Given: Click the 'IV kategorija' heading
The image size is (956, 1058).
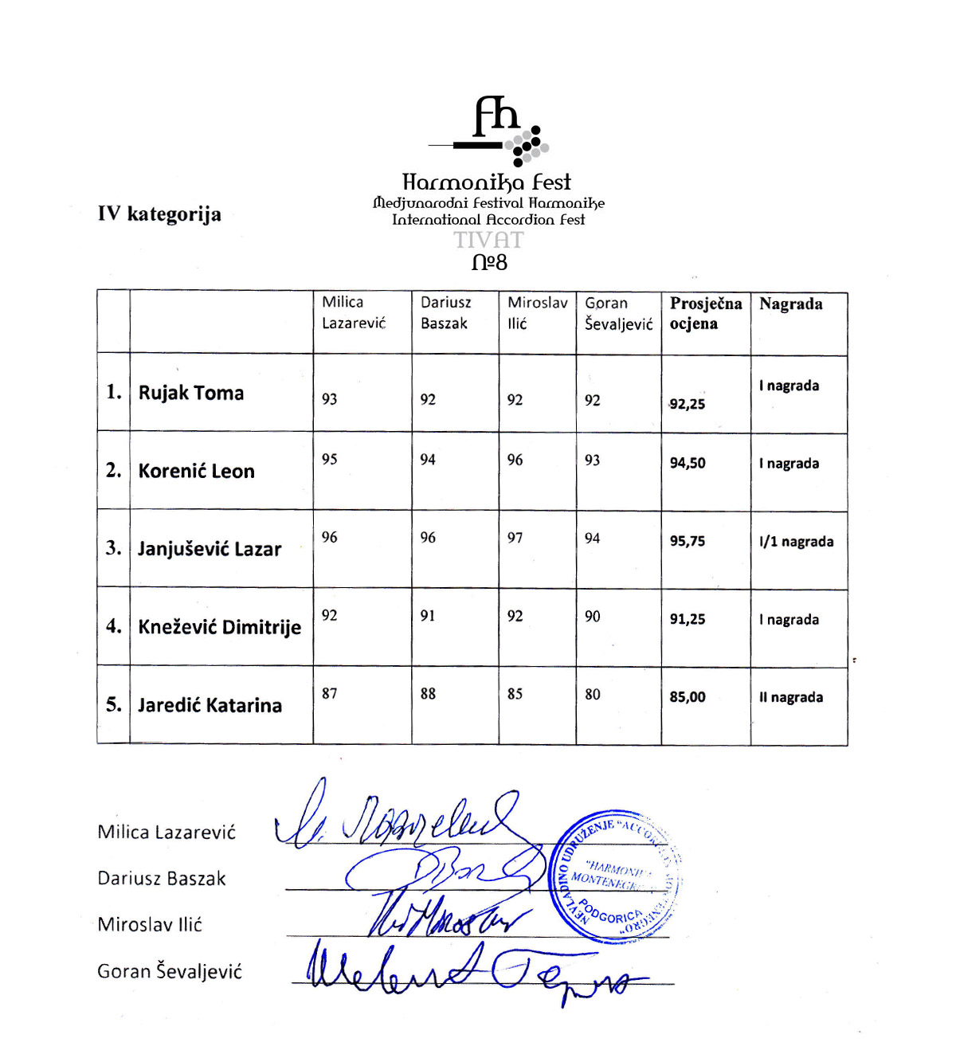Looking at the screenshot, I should [x=159, y=214].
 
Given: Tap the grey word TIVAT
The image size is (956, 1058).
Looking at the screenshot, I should [x=488, y=240].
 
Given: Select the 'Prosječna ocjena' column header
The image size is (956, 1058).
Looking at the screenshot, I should [x=705, y=313].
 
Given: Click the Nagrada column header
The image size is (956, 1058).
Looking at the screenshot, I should [x=790, y=304].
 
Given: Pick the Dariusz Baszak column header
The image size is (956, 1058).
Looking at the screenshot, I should [x=445, y=313].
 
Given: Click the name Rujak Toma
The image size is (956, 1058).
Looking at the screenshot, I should [x=191, y=393].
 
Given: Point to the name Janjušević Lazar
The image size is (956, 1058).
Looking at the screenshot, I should [x=210, y=549].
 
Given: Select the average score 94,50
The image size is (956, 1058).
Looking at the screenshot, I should [x=688, y=463].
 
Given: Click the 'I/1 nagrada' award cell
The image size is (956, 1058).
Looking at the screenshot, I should [x=796, y=542].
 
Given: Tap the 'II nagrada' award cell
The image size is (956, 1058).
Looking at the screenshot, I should [x=791, y=697].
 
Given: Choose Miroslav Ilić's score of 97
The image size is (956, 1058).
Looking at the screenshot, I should [x=515, y=538].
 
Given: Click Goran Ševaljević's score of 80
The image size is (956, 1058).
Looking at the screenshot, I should [x=593, y=694].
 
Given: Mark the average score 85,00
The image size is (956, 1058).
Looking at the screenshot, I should [x=688, y=697].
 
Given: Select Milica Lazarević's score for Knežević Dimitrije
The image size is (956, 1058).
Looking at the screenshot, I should [x=330, y=615].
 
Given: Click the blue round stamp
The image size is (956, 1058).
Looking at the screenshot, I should [x=616, y=876].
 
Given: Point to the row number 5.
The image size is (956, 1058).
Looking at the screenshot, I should [x=114, y=704].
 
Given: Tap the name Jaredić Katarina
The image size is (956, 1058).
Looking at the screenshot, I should [x=210, y=705].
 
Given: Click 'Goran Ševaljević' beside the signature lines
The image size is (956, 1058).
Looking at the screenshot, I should [x=170, y=971].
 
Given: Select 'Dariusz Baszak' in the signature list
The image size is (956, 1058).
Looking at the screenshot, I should [x=162, y=878].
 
